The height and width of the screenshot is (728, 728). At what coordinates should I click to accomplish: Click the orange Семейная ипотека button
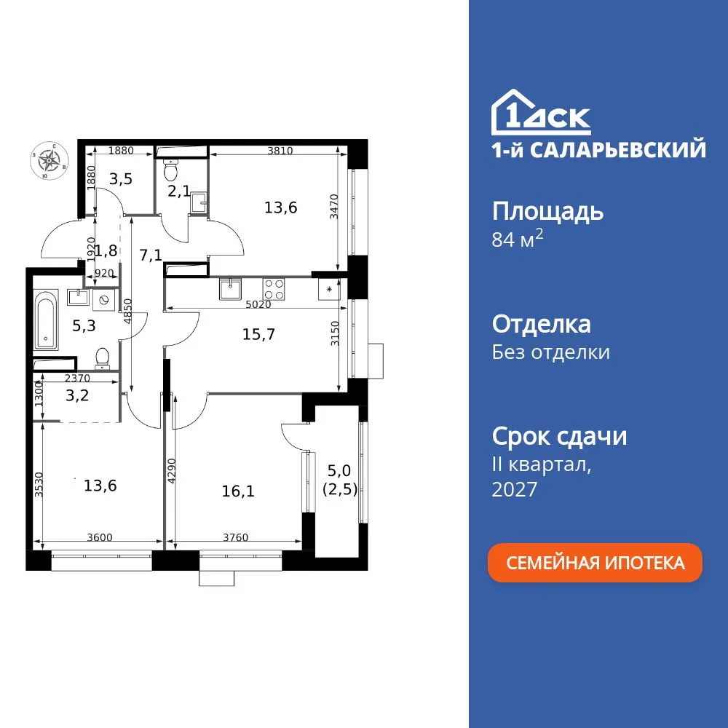point(595,563)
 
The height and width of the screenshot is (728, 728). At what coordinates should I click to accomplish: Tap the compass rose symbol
point(50,159)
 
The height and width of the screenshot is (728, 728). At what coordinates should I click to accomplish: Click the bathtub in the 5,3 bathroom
point(46,318)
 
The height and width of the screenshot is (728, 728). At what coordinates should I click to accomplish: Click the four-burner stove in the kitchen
point(274,288)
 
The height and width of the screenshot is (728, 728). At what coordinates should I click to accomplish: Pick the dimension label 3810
point(280,151)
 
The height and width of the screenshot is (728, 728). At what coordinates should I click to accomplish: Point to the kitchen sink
point(230,288)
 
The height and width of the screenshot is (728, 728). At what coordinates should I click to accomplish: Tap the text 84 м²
point(518,240)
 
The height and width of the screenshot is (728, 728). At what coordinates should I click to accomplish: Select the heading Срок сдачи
point(559,437)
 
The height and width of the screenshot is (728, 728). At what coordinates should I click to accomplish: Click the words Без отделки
point(551,352)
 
